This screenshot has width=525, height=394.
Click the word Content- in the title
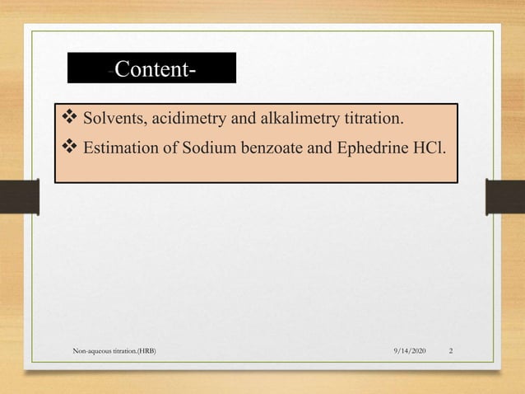tap(156, 69)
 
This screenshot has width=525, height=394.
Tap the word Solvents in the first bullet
tap(114, 121)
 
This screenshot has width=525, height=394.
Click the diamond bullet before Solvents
tap(69, 121)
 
